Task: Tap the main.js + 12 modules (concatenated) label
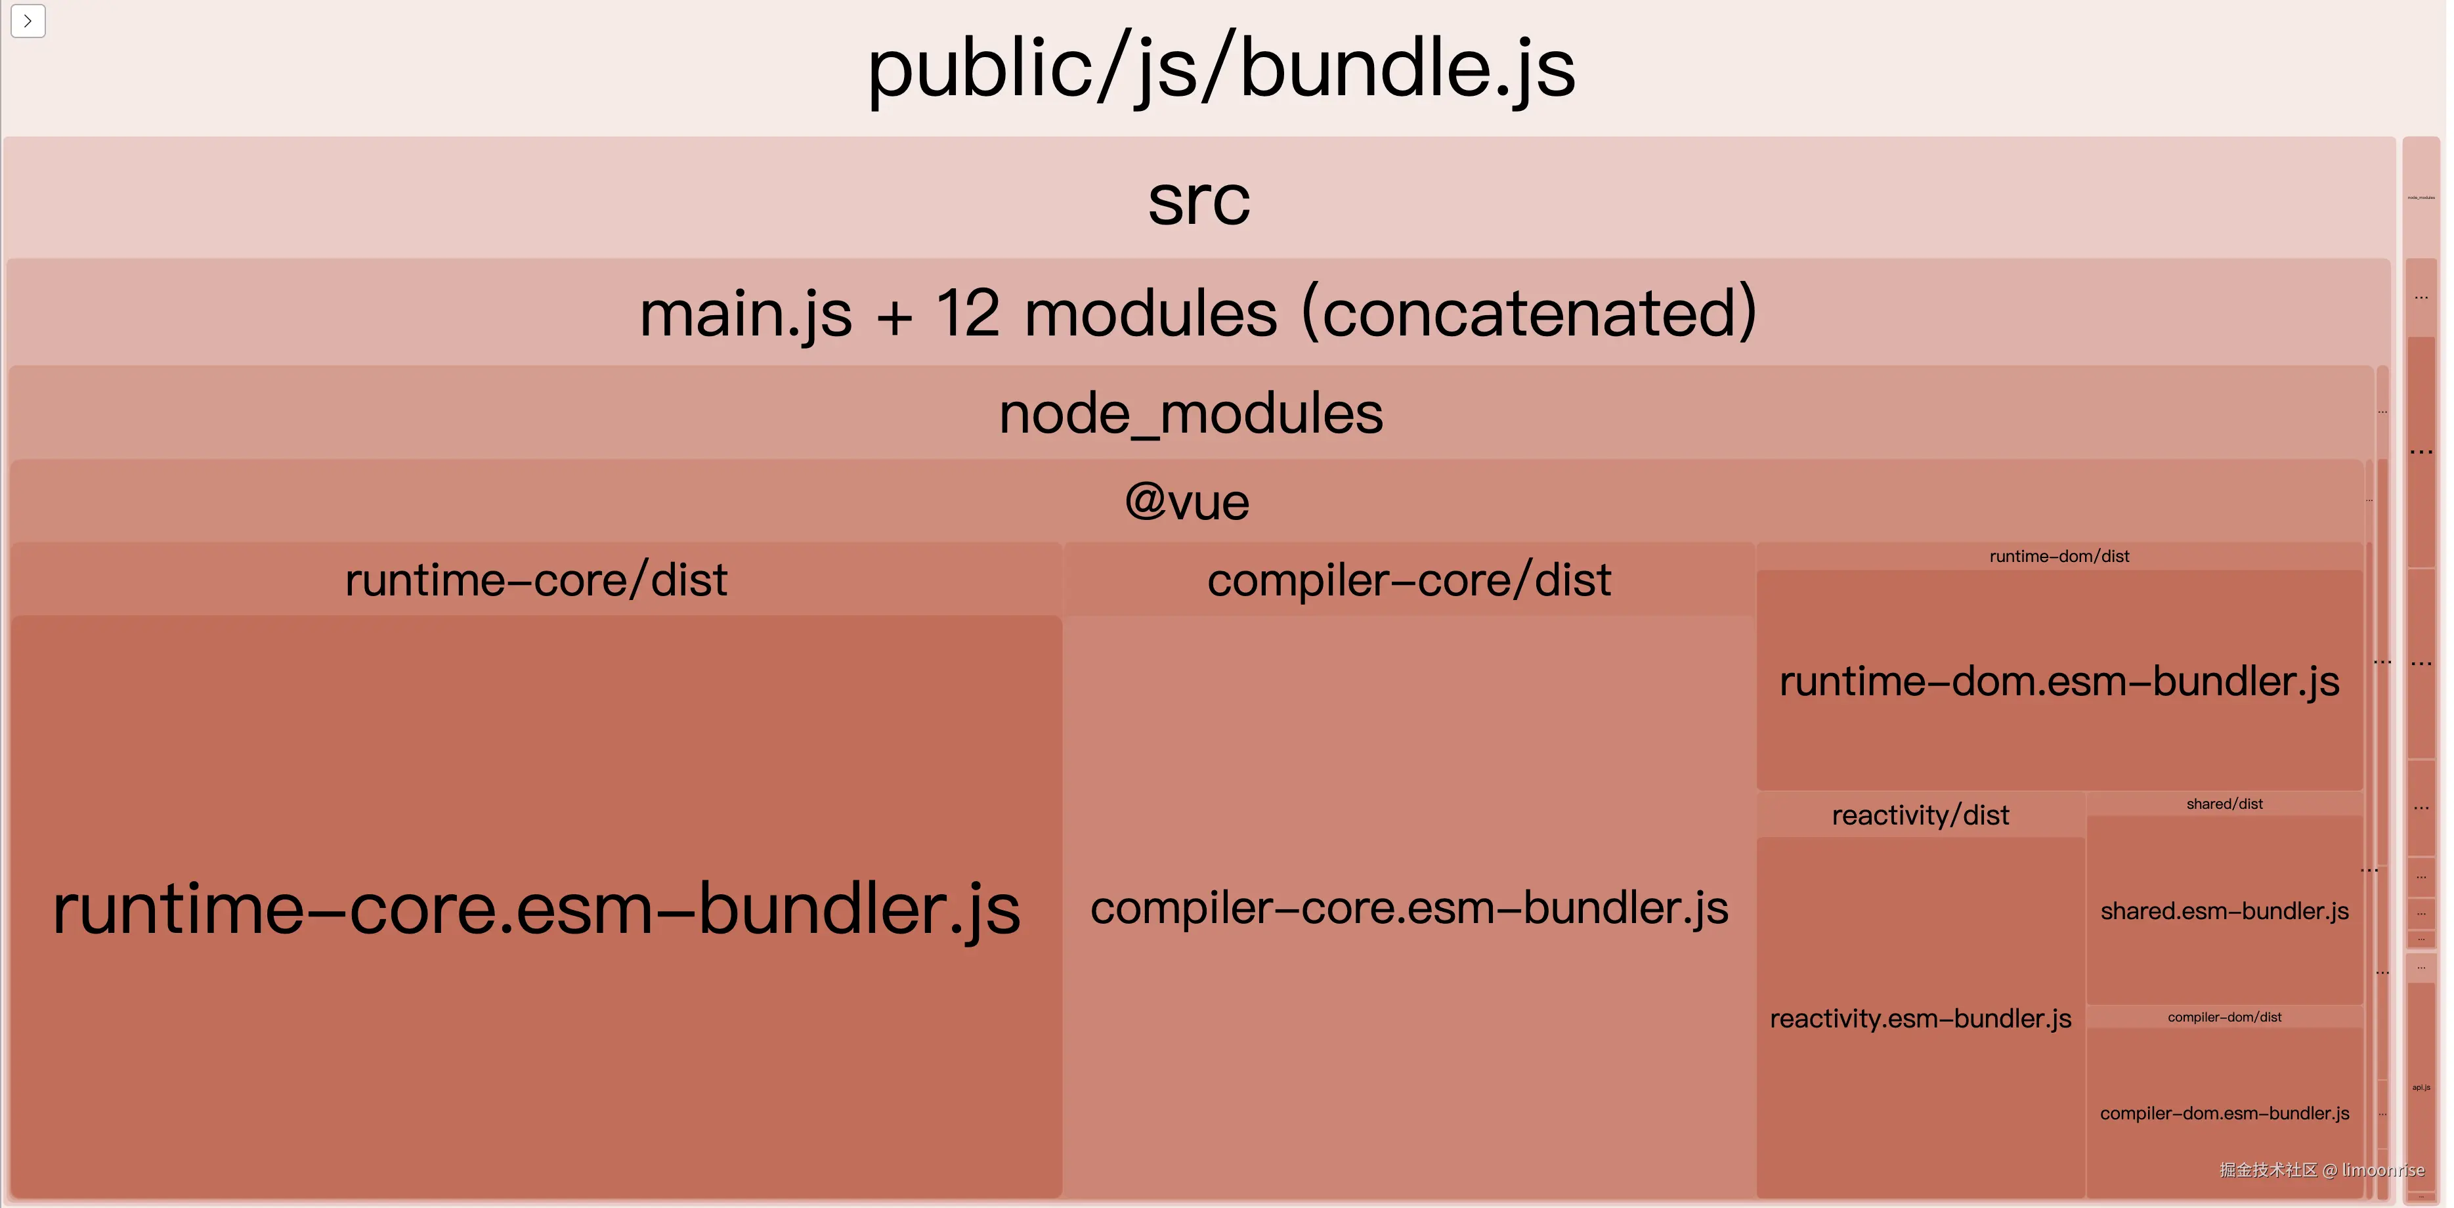click(x=1198, y=313)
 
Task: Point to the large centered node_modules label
click(x=1191, y=414)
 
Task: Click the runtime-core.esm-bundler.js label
click(x=536, y=909)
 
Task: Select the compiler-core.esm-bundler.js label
click(x=1409, y=908)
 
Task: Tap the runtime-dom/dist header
click(x=2059, y=556)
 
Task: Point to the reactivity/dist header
click(x=1920, y=815)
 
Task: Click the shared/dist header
click(x=2224, y=804)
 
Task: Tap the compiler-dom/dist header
click(x=2224, y=1018)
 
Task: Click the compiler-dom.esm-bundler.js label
click(x=2224, y=1113)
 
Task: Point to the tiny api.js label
click(x=2421, y=1087)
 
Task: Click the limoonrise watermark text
click(x=2382, y=1170)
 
